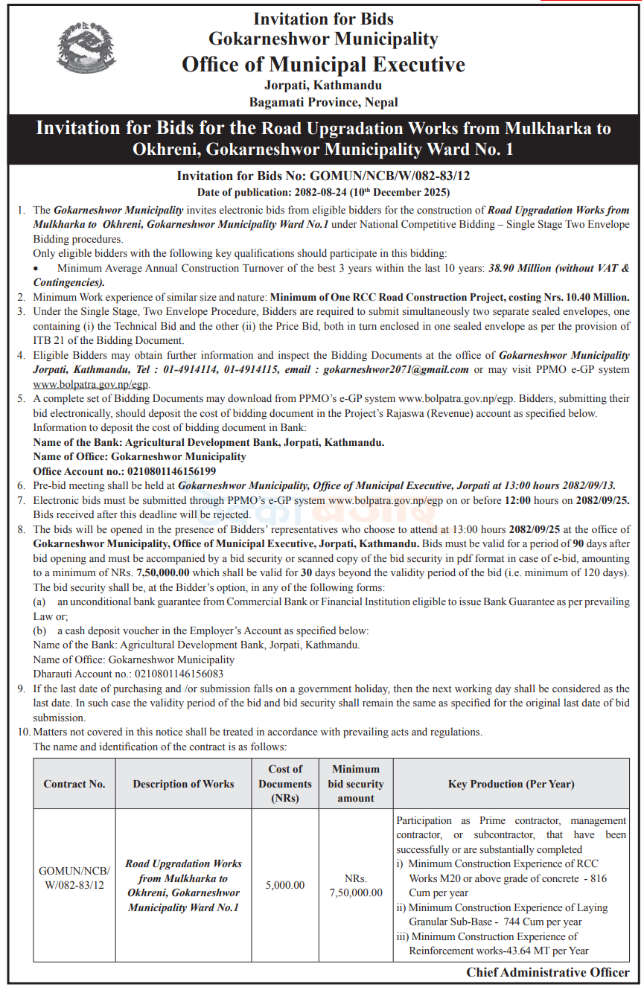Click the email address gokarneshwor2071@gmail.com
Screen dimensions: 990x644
point(396,369)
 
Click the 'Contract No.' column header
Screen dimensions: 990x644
point(74,783)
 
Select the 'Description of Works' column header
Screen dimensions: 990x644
point(183,783)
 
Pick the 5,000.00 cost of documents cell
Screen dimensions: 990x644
point(285,885)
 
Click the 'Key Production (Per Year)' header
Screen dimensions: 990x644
point(511,783)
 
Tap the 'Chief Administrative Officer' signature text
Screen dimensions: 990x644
point(548,972)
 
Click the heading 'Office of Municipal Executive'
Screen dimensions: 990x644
point(323,64)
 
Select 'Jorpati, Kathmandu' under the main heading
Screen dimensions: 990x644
point(323,86)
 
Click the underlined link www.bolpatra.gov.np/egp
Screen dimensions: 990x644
point(92,384)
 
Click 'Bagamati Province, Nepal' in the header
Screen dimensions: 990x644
point(323,102)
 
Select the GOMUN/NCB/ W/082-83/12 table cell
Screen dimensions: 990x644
point(74,878)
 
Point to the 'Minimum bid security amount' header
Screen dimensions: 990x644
point(356,783)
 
